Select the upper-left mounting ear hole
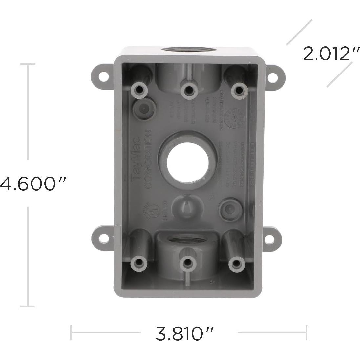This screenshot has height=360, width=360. [x=103, y=75]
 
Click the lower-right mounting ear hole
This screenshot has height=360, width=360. [x=269, y=240]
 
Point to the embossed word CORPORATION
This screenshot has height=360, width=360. [x=147, y=159]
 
